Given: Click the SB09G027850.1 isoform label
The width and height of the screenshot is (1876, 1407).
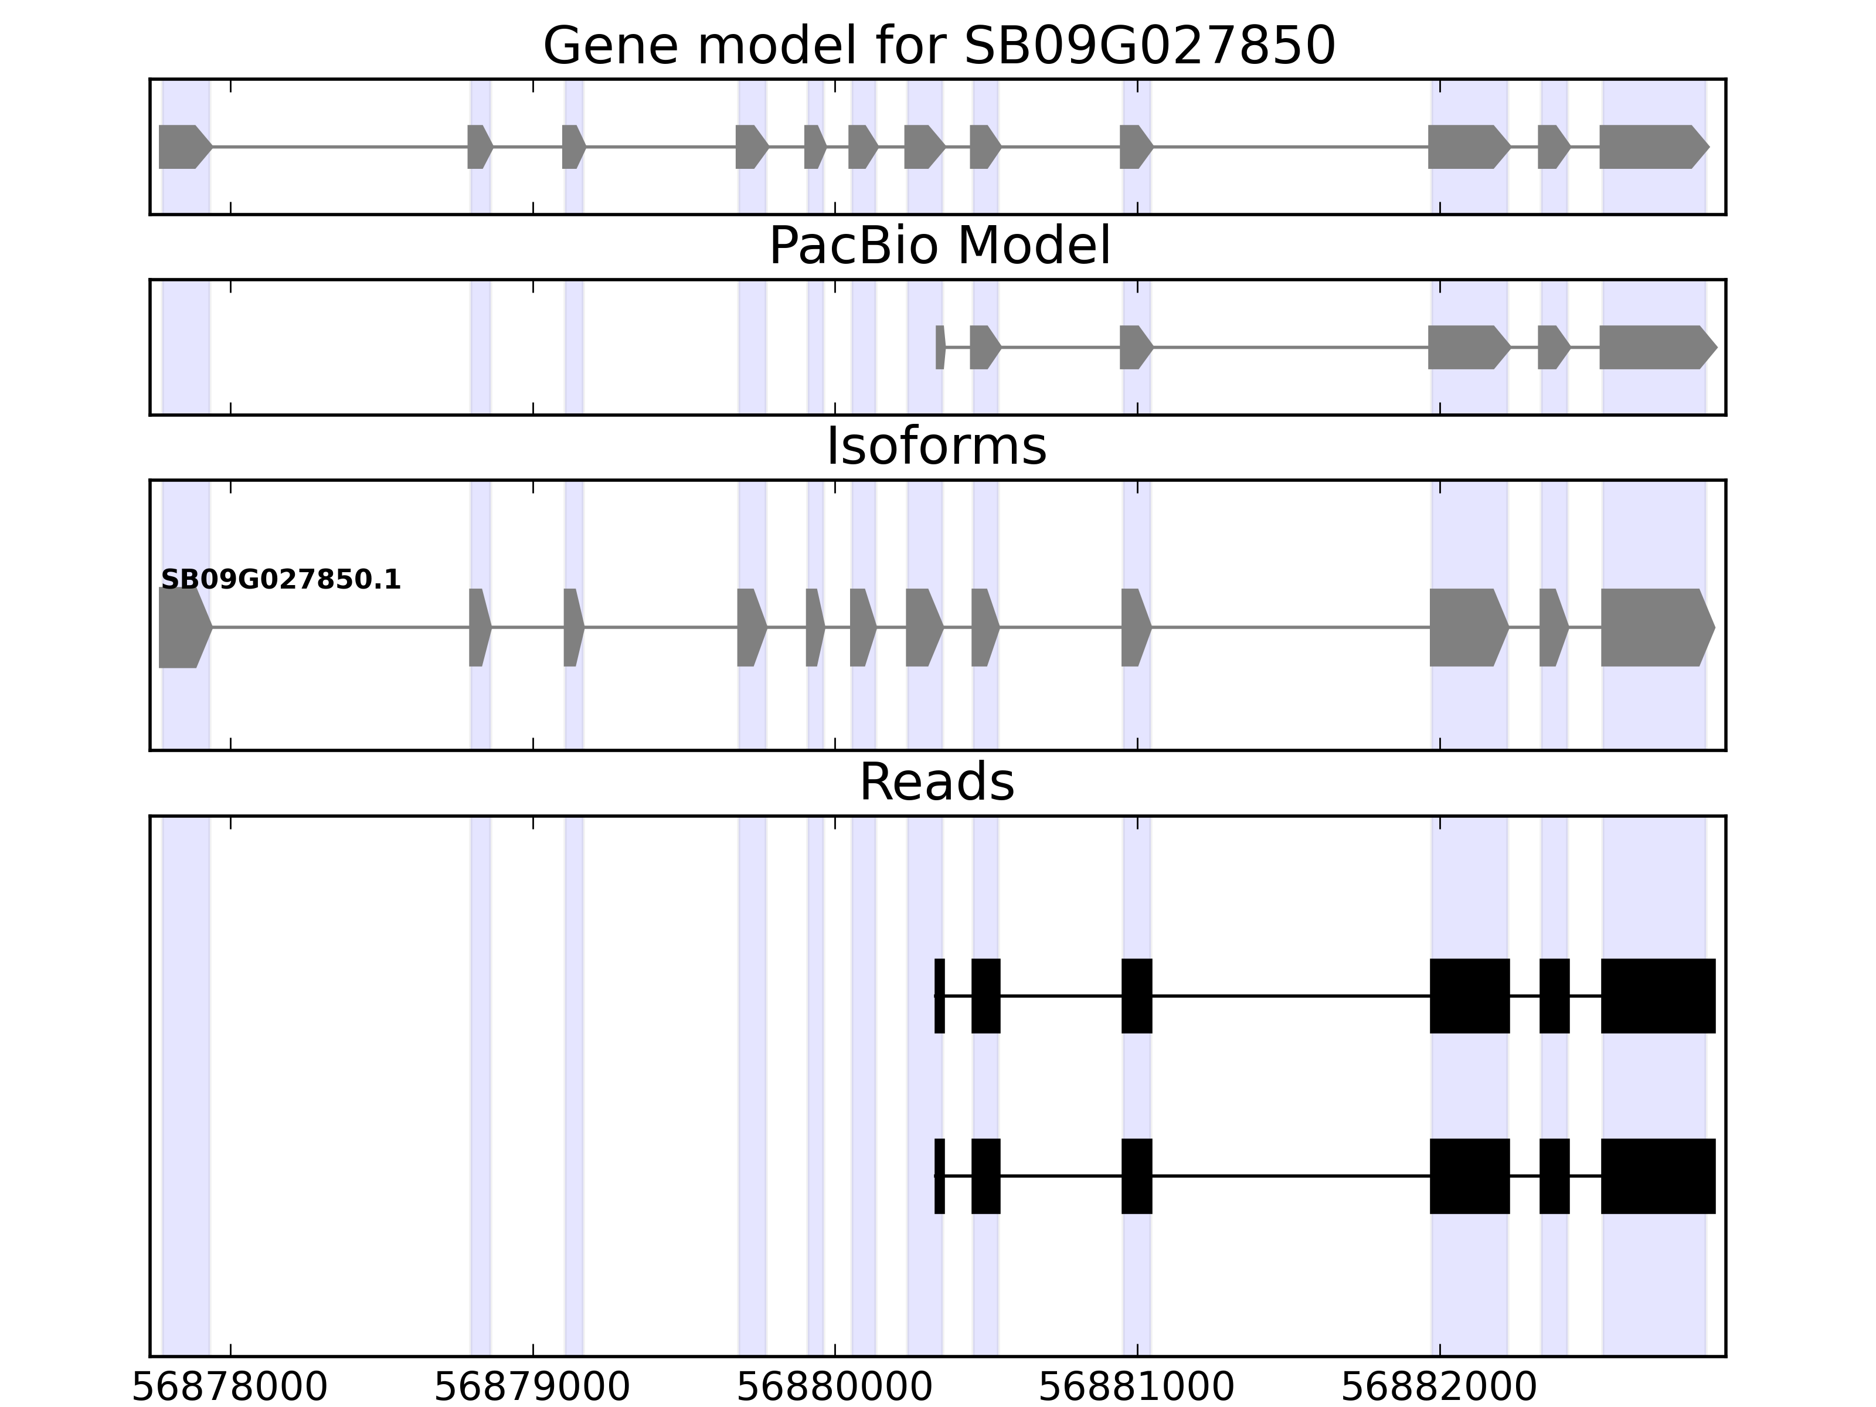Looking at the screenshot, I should point(281,580).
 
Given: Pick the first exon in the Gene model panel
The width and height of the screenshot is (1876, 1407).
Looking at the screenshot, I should point(183,147).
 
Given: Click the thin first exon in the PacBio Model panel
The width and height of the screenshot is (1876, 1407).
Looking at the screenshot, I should point(940,347).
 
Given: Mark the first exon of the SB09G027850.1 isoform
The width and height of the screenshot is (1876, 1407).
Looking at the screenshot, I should point(183,628).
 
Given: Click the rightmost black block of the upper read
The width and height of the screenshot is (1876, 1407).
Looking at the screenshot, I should point(1657,995).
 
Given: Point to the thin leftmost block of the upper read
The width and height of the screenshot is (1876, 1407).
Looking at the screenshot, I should point(940,995).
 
